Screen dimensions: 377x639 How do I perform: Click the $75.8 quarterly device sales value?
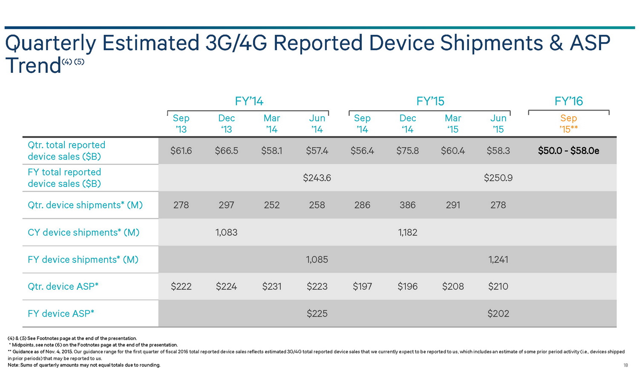coord(407,151)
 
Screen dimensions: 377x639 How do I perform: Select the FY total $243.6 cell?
coord(317,178)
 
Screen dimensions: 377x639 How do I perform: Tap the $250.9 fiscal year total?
coord(498,178)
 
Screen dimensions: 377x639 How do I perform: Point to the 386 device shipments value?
coord(407,205)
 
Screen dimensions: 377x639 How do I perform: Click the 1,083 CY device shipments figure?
coord(226,232)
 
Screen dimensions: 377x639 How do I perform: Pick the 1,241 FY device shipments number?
coord(498,260)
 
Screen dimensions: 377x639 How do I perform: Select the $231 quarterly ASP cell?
coord(272,287)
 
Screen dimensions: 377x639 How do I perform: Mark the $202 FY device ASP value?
coord(498,314)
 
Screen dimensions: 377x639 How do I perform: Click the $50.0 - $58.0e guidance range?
coord(568,151)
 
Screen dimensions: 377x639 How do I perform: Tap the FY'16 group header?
coord(568,101)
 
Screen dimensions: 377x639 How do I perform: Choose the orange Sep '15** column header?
coord(568,124)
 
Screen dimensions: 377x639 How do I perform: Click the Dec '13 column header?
coord(226,124)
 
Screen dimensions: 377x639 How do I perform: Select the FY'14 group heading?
coord(249,101)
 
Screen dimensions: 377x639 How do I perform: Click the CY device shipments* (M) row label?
coord(83,232)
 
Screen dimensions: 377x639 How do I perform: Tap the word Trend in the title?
coord(33,66)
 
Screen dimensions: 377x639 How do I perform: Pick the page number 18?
coord(625,365)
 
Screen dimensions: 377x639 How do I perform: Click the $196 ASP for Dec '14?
coord(407,287)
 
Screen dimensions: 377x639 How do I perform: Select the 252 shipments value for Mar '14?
coord(272,205)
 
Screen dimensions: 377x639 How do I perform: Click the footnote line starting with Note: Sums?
coord(84,365)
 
